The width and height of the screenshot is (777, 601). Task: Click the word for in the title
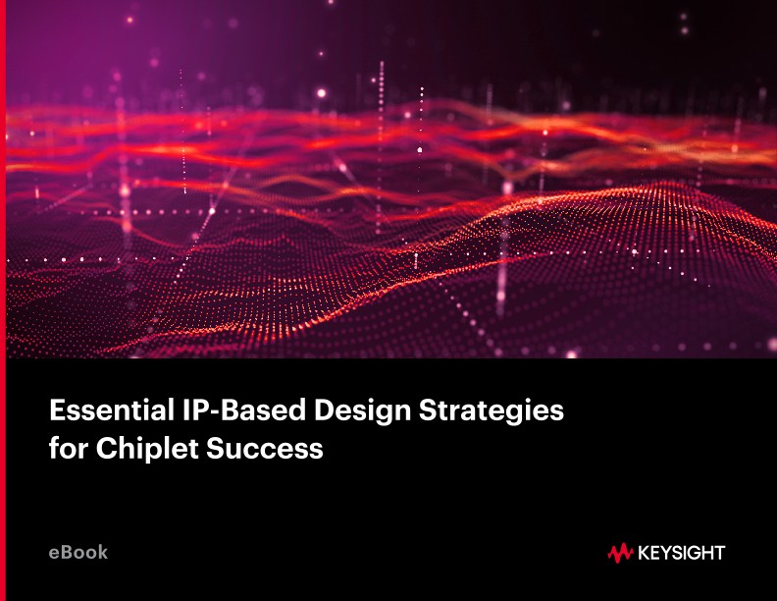pyautogui.click(x=65, y=450)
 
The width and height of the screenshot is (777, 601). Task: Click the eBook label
pyautogui.click(x=78, y=552)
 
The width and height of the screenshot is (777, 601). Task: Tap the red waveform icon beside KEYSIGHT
pyautogui.click(x=620, y=553)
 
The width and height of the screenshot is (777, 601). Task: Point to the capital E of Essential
pyautogui.click(x=57, y=410)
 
